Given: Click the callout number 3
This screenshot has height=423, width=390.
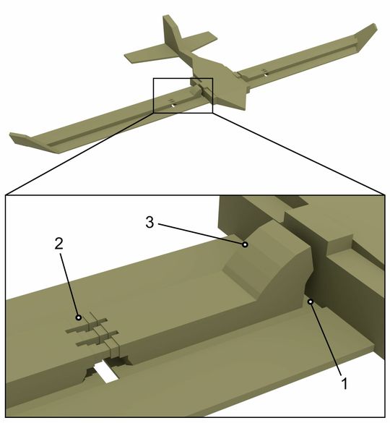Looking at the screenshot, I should (x=149, y=223).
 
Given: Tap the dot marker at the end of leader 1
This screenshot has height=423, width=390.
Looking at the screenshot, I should (x=308, y=302).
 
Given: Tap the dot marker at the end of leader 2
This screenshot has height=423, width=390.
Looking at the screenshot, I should (x=78, y=317).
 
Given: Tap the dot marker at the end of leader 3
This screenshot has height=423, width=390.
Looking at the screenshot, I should (x=246, y=244).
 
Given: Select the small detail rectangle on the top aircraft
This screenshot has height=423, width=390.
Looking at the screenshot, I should (x=183, y=95).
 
